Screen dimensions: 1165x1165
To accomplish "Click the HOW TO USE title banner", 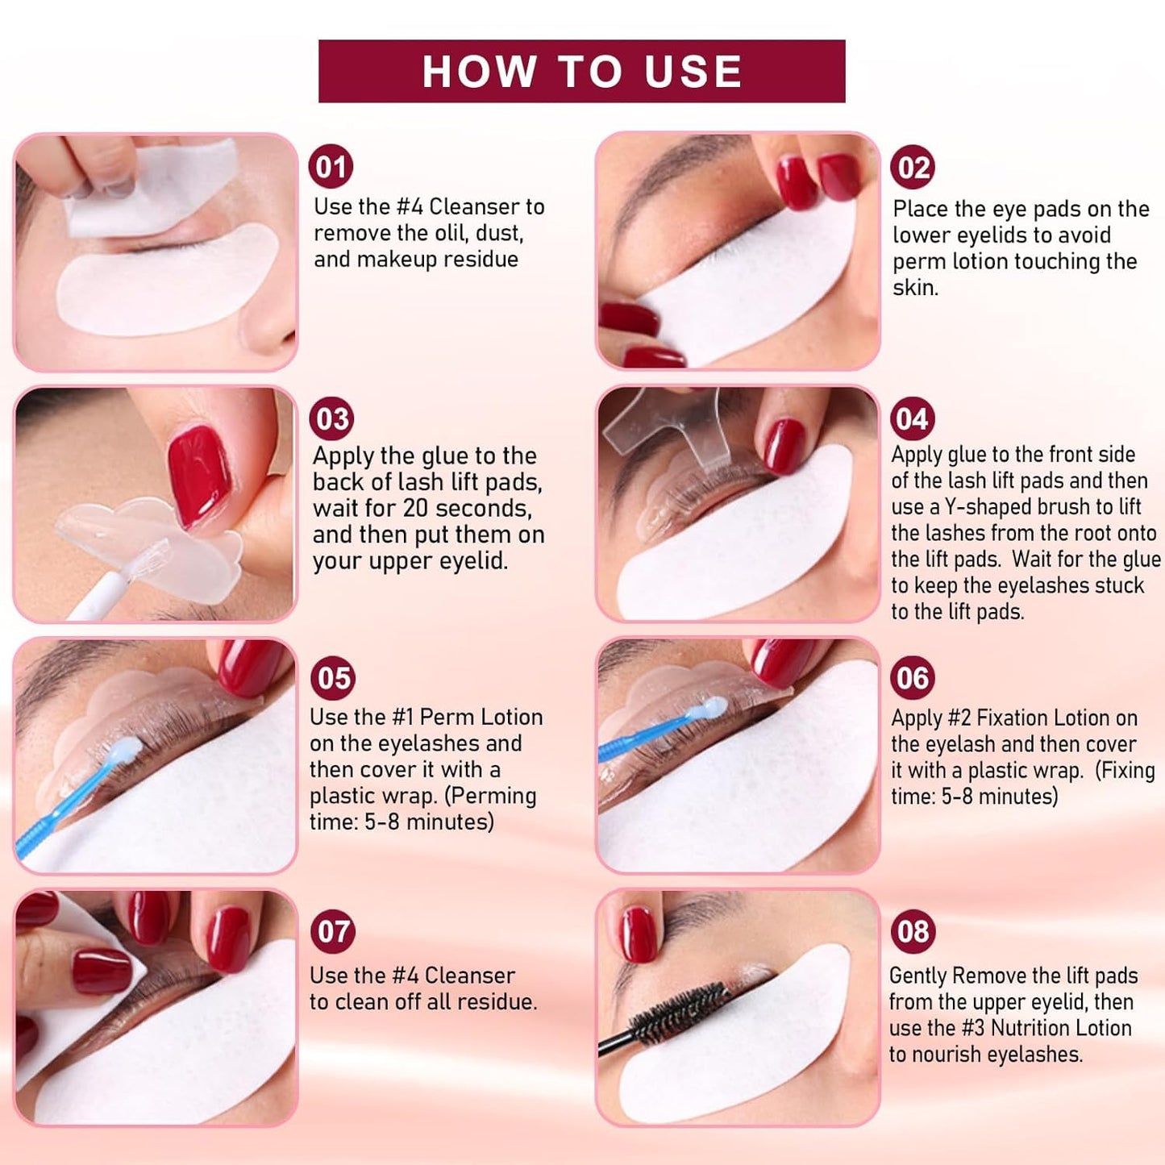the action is [x=581, y=71].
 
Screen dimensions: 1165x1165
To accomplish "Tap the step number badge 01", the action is [x=331, y=167].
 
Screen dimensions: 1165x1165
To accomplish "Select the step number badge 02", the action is [x=913, y=168].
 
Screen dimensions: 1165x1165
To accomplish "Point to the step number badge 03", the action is [x=332, y=419].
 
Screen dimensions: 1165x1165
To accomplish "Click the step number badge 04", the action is [x=913, y=419].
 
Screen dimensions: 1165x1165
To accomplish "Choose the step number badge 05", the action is [x=333, y=678].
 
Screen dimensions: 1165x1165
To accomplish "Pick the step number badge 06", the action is [x=913, y=678].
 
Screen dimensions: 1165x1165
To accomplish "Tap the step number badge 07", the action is [x=333, y=932].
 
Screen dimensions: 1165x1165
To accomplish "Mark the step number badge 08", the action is [x=913, y=932].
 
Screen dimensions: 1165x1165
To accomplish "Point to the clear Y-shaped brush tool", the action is [x=670, y=428].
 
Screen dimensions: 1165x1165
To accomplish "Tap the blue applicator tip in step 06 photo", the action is [x=712, y=707].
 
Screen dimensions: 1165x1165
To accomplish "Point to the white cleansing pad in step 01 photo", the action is [x=151, y=186].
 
